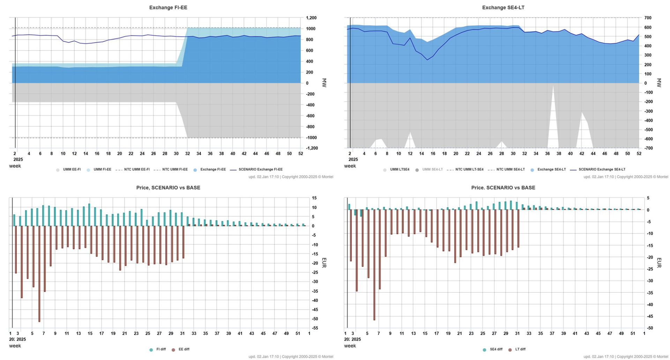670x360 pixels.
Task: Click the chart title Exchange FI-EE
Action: point(168,7)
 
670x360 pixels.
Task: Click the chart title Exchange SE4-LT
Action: point(503,7)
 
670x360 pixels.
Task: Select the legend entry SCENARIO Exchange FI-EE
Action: point(260,170)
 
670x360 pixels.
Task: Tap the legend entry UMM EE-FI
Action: point(72,170)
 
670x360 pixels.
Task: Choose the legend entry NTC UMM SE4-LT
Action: point(510,170)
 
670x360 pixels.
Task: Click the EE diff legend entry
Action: point(184,349)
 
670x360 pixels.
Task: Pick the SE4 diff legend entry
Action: point(496,349)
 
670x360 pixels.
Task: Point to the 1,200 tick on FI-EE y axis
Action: point(311,18)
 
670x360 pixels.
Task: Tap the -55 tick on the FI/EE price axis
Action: point(314,328)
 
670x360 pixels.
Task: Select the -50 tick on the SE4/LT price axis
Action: point(649,328)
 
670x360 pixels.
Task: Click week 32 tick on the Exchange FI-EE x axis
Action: point(187,153)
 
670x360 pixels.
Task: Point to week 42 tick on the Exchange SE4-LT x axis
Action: point(582,153)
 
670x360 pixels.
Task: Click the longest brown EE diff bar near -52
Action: point(39,274)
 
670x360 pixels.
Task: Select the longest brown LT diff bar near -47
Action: point(374,265)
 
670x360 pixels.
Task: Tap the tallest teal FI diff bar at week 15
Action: point(89,215)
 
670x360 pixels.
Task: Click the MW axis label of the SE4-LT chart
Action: point(659,83)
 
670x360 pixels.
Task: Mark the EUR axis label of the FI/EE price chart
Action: point(324,263)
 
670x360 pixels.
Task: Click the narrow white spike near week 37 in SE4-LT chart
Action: point(553,119)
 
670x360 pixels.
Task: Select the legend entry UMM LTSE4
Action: point(400,170)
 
